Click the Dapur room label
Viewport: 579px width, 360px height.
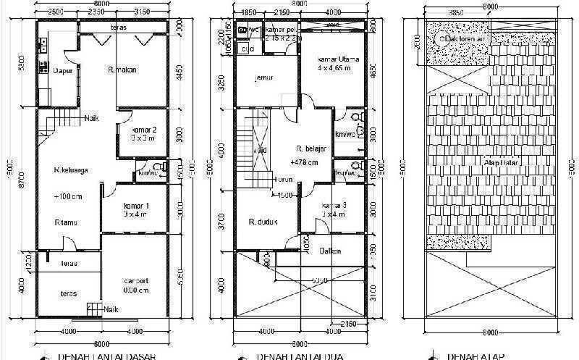coord(61,70)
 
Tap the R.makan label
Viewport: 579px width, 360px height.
coord(123,70)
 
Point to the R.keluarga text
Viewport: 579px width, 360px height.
coord(70,171)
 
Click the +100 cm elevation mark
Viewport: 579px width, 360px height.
coord(67,197)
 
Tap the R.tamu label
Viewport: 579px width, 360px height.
coord(64,223)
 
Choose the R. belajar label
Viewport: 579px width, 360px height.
coord(313,148)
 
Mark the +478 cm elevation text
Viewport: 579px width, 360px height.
coord(304,163)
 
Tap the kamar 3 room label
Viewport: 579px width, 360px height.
coord(334,206)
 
